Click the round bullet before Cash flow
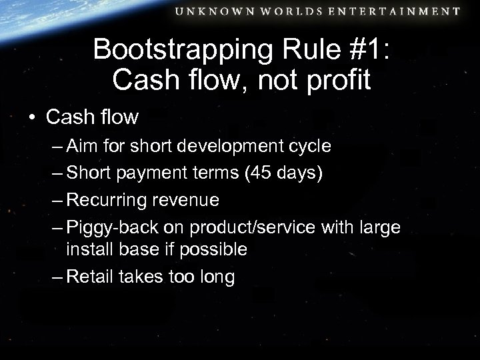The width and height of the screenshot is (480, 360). [32, 118]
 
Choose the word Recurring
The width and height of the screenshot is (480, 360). [107, 201]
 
